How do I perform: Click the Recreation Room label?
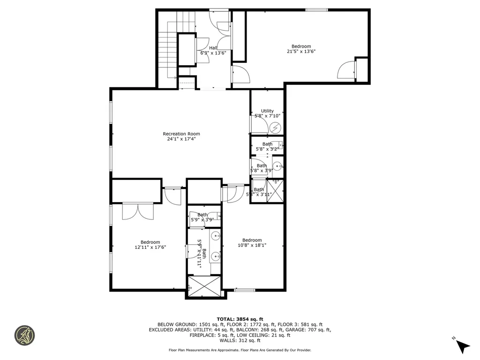181,134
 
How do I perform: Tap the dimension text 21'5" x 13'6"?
301,52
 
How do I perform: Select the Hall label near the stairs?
213,48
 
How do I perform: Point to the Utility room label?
267,111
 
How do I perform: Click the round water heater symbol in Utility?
276,127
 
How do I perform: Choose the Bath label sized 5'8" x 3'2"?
267,144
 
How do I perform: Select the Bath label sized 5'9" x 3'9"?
202,215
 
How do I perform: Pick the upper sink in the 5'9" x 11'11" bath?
216,236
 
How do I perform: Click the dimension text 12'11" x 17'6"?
150,247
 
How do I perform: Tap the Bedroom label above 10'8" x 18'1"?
252,240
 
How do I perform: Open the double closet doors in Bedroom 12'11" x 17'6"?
138,211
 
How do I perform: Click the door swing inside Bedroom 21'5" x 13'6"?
345,70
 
